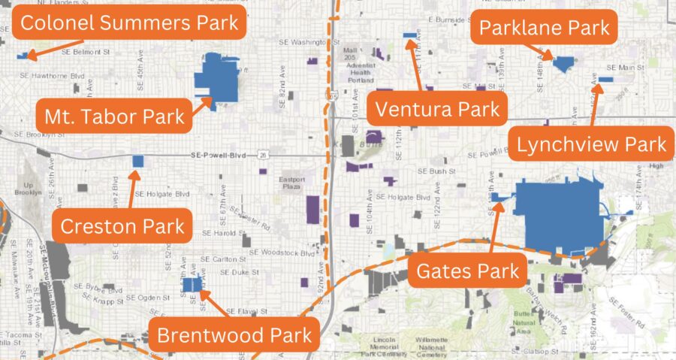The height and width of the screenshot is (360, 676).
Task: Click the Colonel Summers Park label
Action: pyautogui.click(x=129, y=23)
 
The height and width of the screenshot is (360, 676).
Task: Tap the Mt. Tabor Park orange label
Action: pyautogui.click(x=114, y=116)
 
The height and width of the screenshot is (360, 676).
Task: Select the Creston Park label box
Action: pyautogui.click(x=122, y=225)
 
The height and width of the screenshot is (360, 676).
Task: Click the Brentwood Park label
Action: pyautogui.click(x=234, y=334)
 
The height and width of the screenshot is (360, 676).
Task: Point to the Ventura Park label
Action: pyautogui.click(x=437, y=110)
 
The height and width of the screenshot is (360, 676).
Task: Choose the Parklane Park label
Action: pyautogui.click(x=545, y=31)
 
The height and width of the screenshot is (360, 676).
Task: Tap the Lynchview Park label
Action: pyautogui.click(x=592, y=144)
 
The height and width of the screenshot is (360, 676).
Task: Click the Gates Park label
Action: pyautogui.click(x=469, y=271)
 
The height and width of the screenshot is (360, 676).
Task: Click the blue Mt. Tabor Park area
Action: pyautogui.click(x=218, y=81)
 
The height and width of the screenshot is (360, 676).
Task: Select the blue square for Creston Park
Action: pyautogui.click(x=137, y=161)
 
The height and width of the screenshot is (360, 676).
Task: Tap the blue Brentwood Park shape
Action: pyautogui.click(x=192, y=286)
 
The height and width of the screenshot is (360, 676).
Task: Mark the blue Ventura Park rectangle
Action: pyautogui.click(x=410, y=35)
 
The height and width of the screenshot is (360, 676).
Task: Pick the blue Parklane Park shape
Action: pyautogui.click(x=563, y=63)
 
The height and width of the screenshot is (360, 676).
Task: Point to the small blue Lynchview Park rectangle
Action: pyautogui.click(x=606, y=79)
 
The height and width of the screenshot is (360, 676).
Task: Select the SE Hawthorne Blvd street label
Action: pyautogui.click(x=53, y=75)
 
